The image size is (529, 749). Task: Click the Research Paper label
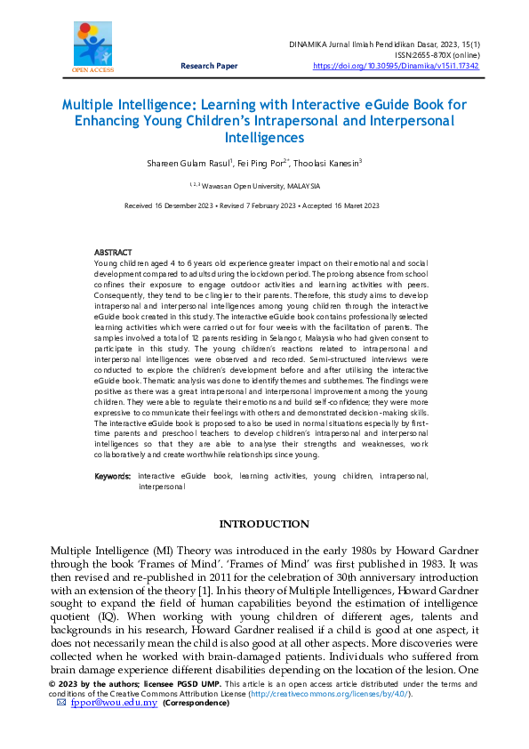(209, 66)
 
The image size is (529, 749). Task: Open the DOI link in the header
(396, 66)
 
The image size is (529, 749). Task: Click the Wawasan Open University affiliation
(266, 186)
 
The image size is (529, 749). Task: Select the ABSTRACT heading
(113, 253)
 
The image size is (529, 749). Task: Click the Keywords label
(113, 477)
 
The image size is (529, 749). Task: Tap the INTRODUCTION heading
(264, 524)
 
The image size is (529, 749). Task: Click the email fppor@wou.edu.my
(114, 703)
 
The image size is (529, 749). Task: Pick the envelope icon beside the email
(61, 703)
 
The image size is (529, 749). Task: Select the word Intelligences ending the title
(264, 138)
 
